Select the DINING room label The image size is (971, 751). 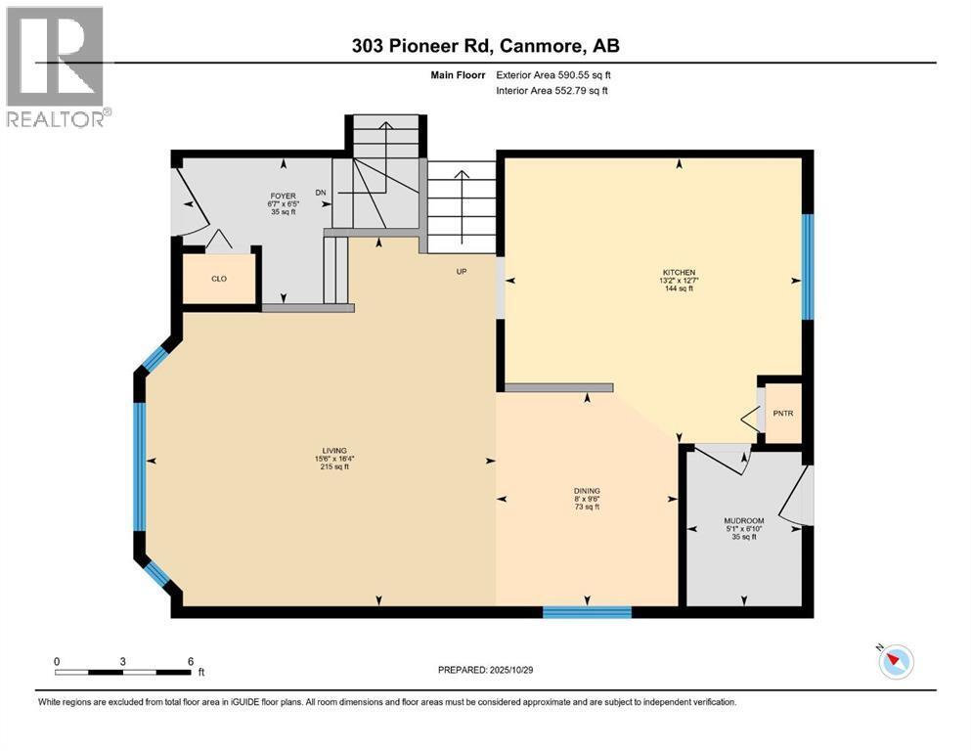pyautogui.click(x=587, y=491)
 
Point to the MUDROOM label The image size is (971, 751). pyautogui.click(x=742, y=520)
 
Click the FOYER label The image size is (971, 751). pyautogui.click(x=284, y=196)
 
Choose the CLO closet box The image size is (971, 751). pyautogui.click(x=220, y=279)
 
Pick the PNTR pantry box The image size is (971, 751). pyautogui.click(x=783, y=413)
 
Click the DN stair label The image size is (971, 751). pyautogui.click(x=321, y=193)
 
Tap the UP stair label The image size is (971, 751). pyautogui.click(x=461, y=271)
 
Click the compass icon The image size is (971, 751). pyautogui.click(x=896, y=662)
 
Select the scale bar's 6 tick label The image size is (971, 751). pyautogui.click(x=190, y=660)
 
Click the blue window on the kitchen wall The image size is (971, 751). pyautogui.click(x=808, y=267)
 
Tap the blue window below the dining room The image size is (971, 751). pyautogui.click(x=587, y=612)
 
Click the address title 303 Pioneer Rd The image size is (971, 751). pyautogui.click(x=486, y=46)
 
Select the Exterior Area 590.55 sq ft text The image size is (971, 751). pyautogui.click(x=553, y=74)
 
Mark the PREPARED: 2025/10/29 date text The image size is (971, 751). pyautogui.click(x=486, y=670)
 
